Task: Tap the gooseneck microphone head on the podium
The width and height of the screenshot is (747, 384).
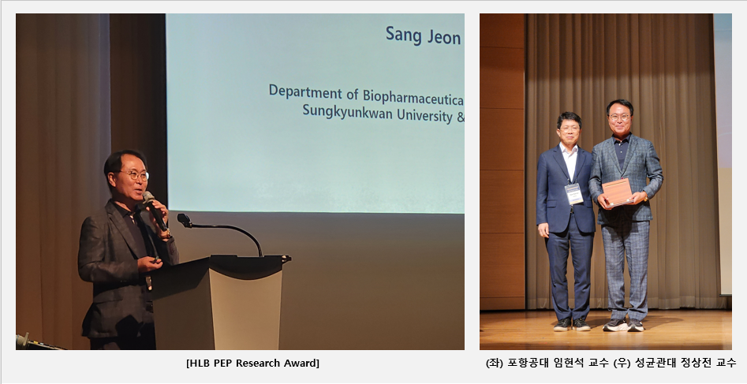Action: point(185,220)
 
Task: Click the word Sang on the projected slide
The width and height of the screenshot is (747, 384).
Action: point(404,35)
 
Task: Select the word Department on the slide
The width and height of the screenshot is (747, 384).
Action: point(306,92)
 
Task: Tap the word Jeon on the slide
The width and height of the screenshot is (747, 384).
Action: point(444,37)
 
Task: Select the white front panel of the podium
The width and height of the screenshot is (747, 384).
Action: point(245,309)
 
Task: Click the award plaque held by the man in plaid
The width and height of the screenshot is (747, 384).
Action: point(617,192)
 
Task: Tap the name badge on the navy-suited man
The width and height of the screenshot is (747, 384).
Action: point(573,194)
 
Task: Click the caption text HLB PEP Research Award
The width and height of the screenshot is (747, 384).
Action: point(253,363)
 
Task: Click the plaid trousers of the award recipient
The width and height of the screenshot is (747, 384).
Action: point(625,270)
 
